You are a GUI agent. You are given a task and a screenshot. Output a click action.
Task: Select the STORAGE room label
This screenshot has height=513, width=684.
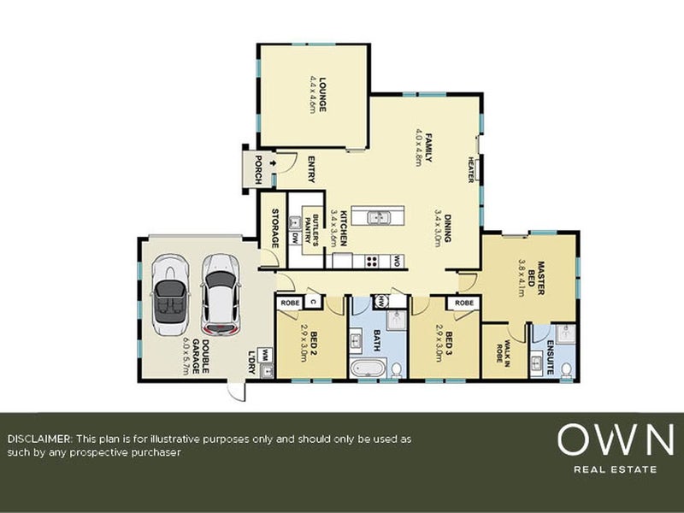click(x=275, y=228)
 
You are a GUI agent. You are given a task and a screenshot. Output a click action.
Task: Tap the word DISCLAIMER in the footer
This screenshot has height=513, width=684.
click(x=40, y=438)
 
